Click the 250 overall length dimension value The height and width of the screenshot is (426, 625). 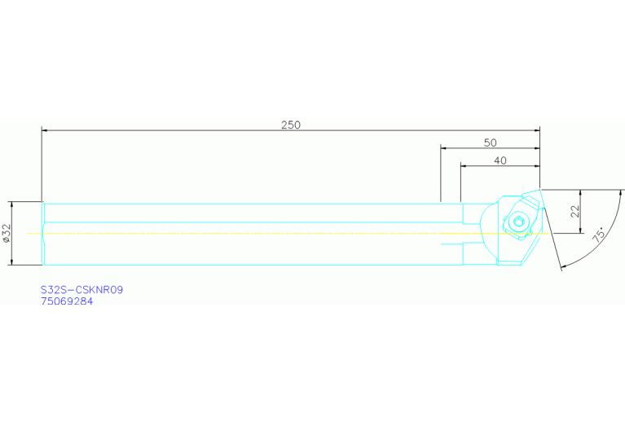click(x=291, y=125)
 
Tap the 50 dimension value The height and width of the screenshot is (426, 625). click(x=491, y=143)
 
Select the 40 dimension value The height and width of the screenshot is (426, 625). click(x=500, y=160)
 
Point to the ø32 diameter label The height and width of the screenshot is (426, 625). click(x=7, y=233)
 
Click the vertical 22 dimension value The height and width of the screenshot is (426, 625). click(x=574, y=211)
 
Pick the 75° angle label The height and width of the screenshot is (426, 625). click(x=598, y=235)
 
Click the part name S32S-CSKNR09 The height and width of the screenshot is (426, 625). click(x=81, y=290)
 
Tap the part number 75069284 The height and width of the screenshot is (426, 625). click(x=67, y=301)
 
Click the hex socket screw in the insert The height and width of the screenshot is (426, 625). click(x=517, y=222)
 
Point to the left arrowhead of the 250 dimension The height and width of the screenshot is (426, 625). click(x=45, y=130)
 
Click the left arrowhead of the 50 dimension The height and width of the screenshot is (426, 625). click(x=443, y=148)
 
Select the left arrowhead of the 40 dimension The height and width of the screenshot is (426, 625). click(x=464, y=166)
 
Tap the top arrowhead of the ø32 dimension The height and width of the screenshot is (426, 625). click(x=12, y=204)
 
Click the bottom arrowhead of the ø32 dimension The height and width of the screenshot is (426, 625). click(x=12, y=261)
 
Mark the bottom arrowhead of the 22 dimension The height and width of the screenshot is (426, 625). click(x=580, y=231)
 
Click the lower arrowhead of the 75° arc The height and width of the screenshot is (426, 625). click(x=563, y=266)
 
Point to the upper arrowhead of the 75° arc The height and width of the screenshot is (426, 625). click(x=620, y=193)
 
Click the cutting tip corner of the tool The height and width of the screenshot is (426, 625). click(x=539, y=189)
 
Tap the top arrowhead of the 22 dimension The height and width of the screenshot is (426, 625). click(x=580, y=192)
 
